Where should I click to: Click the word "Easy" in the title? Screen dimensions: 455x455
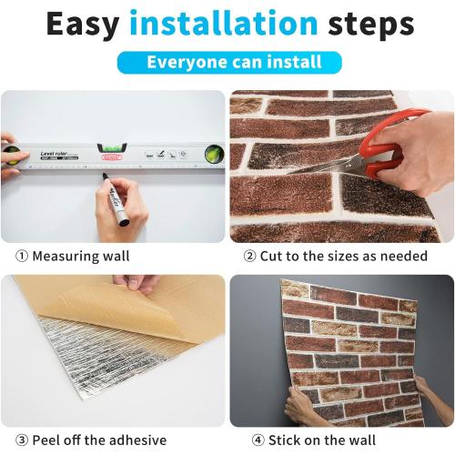coord(84,25)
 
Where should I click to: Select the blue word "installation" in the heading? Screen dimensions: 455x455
coord(222,25)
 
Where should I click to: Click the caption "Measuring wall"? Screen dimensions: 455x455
coord(80,257)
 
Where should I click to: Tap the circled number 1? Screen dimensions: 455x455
coord(21,257)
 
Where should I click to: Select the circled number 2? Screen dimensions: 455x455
coord(249,257)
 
